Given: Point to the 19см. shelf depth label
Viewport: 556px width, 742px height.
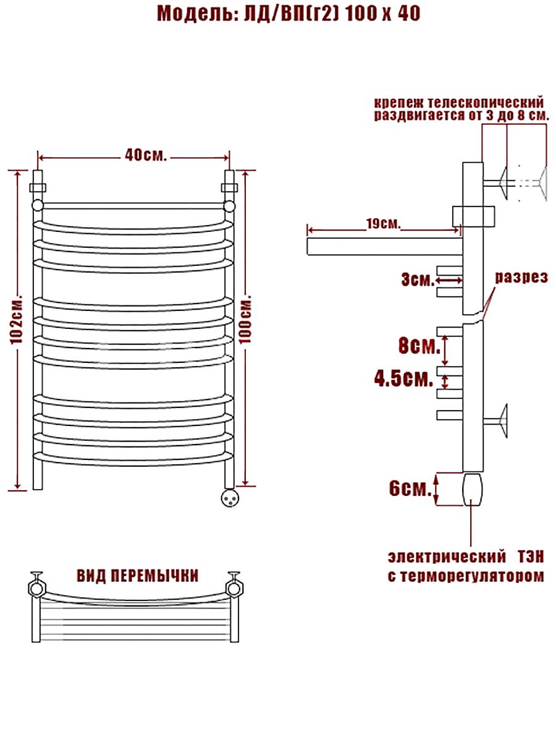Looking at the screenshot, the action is pos(384,223).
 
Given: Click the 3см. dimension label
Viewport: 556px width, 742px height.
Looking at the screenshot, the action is pos(418,280).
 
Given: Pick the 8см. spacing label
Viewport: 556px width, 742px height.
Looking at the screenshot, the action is pos(419,346).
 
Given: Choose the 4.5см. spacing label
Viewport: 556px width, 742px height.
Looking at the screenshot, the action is pos(403,378).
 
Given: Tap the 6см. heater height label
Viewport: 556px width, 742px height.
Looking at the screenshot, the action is pos(410,488).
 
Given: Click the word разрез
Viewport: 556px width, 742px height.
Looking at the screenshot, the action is pos(521,278).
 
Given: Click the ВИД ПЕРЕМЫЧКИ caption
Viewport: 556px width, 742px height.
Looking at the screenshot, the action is pos(137,576).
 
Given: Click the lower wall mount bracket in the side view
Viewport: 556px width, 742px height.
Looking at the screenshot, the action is pos(495,420).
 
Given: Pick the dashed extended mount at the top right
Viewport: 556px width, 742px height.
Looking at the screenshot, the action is pos(533,183).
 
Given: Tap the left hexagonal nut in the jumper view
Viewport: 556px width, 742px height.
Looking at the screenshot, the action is pos(36,588).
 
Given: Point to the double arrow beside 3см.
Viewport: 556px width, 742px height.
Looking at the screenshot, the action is pos(449,280).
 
